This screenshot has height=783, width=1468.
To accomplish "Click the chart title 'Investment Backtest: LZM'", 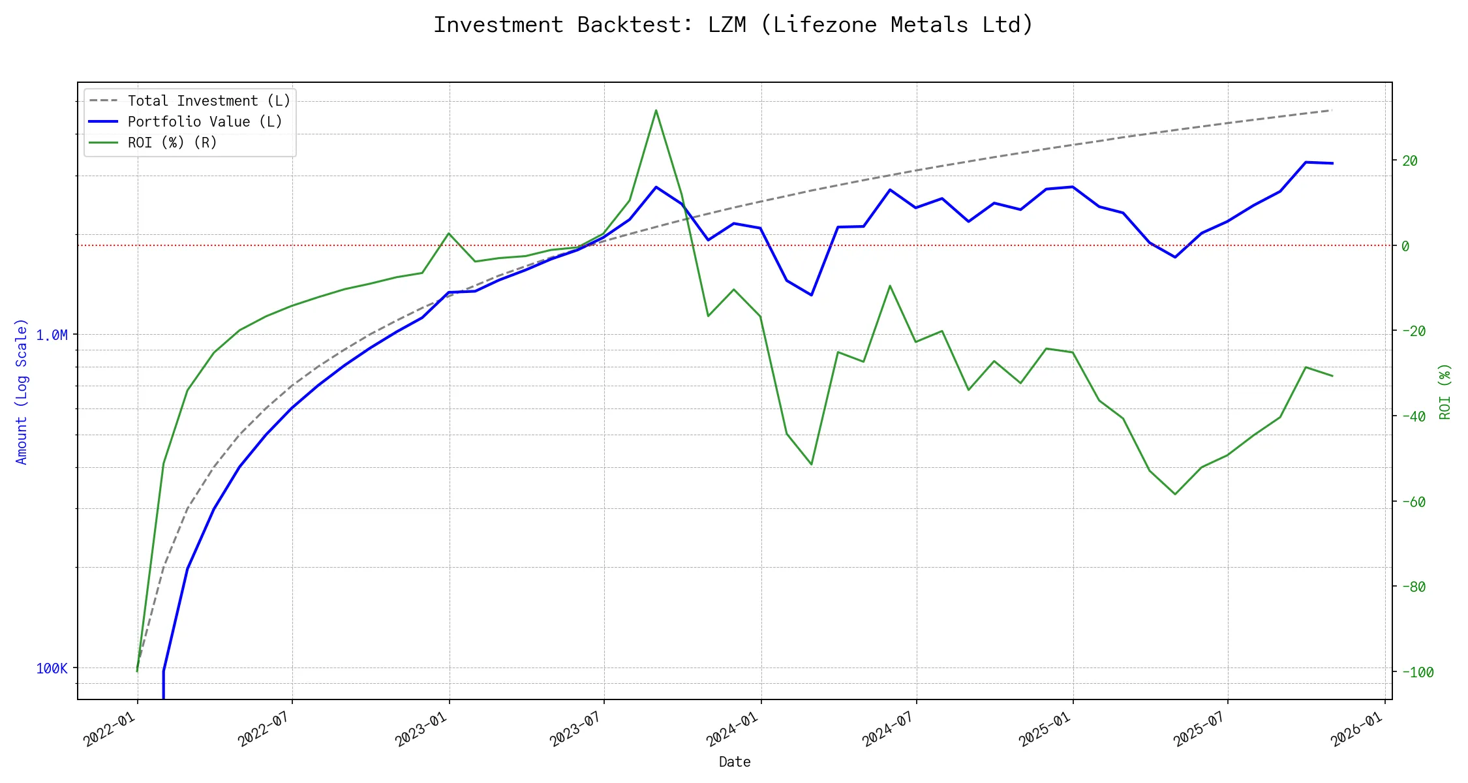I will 733,25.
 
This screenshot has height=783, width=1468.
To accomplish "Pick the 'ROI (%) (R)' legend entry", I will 172,143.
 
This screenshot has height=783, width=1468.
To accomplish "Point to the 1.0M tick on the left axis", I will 52,335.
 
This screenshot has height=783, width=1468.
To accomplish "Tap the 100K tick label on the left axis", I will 52,668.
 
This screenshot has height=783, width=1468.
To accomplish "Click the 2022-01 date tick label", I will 110,728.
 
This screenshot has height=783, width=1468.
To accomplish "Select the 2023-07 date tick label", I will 576,728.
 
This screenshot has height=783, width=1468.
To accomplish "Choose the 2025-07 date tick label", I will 1200,728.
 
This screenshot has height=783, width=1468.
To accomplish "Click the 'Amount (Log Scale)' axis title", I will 22,391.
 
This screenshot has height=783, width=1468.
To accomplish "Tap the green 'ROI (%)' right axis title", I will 1445,391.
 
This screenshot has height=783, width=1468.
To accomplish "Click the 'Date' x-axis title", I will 735,762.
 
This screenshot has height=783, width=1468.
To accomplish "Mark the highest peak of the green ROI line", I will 656,110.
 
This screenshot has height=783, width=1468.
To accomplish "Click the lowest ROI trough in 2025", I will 1175,494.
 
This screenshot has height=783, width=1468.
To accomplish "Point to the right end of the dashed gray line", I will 1332,110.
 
